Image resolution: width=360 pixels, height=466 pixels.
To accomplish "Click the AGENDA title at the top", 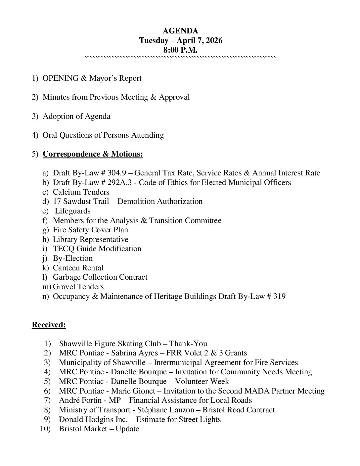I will point(180,31).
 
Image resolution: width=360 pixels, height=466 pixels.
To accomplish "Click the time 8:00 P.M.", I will point(180,50).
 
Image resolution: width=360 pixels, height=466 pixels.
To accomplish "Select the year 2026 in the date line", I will point(213,40).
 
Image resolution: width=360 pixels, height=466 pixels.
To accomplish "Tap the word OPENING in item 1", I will point(61,78).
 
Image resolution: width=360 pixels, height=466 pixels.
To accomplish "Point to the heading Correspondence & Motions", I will point(93,154).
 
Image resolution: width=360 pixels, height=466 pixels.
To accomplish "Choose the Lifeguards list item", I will point(72,211).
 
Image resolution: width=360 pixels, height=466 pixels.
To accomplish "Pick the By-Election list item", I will point(73,258).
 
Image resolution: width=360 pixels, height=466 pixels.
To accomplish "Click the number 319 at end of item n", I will point(279,296).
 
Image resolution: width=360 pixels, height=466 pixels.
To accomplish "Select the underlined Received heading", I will point(49,325).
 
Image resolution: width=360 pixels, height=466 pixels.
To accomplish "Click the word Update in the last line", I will point(127,429).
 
